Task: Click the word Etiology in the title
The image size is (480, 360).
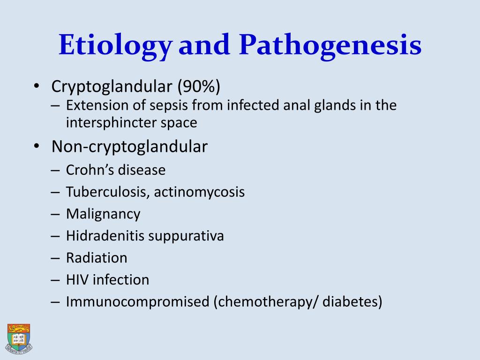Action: click(115, 46)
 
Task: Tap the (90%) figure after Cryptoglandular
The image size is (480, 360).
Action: click(198, 87)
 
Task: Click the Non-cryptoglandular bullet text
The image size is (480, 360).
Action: click(129, 147)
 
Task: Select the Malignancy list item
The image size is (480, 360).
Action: click(103, 214)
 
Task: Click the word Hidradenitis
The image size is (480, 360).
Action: click(105, 236)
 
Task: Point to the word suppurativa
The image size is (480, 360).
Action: click(186, 236)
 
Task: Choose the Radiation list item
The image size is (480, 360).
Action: click(97, 258)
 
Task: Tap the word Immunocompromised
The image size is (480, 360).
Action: click(137, 302)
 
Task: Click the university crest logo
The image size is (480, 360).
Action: click(19, 337)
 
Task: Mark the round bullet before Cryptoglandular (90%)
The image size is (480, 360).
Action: click(37, 87)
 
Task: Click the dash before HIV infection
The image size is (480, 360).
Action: click(55, 280)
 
